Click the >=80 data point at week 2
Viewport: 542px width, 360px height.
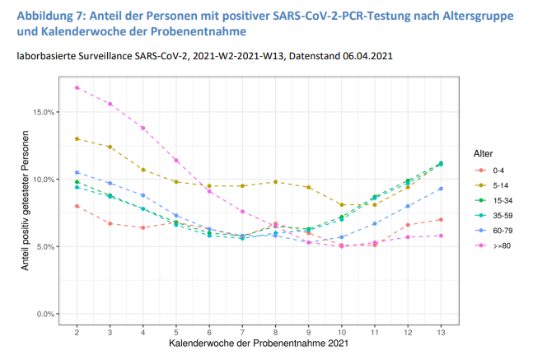tap(77, 87)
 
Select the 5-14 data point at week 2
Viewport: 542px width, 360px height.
tap(77, 138)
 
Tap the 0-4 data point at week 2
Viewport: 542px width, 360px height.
tap(77, 206)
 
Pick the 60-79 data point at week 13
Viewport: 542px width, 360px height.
tap(441, 189)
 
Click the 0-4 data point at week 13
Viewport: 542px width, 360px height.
tap(441, 219)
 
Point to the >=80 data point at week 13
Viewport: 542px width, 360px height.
tap(441, 236)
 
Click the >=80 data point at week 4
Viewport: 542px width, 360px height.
tap(143, 128)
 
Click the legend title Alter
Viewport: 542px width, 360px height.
tap(484, 154)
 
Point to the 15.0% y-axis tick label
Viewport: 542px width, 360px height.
tap(44, 111)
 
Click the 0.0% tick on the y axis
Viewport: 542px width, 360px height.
tap(45, 314)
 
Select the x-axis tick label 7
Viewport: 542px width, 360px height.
tap(242, 330)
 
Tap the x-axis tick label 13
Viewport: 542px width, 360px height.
tap(441, 330)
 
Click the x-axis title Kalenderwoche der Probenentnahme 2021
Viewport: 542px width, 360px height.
tap(259, 343)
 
